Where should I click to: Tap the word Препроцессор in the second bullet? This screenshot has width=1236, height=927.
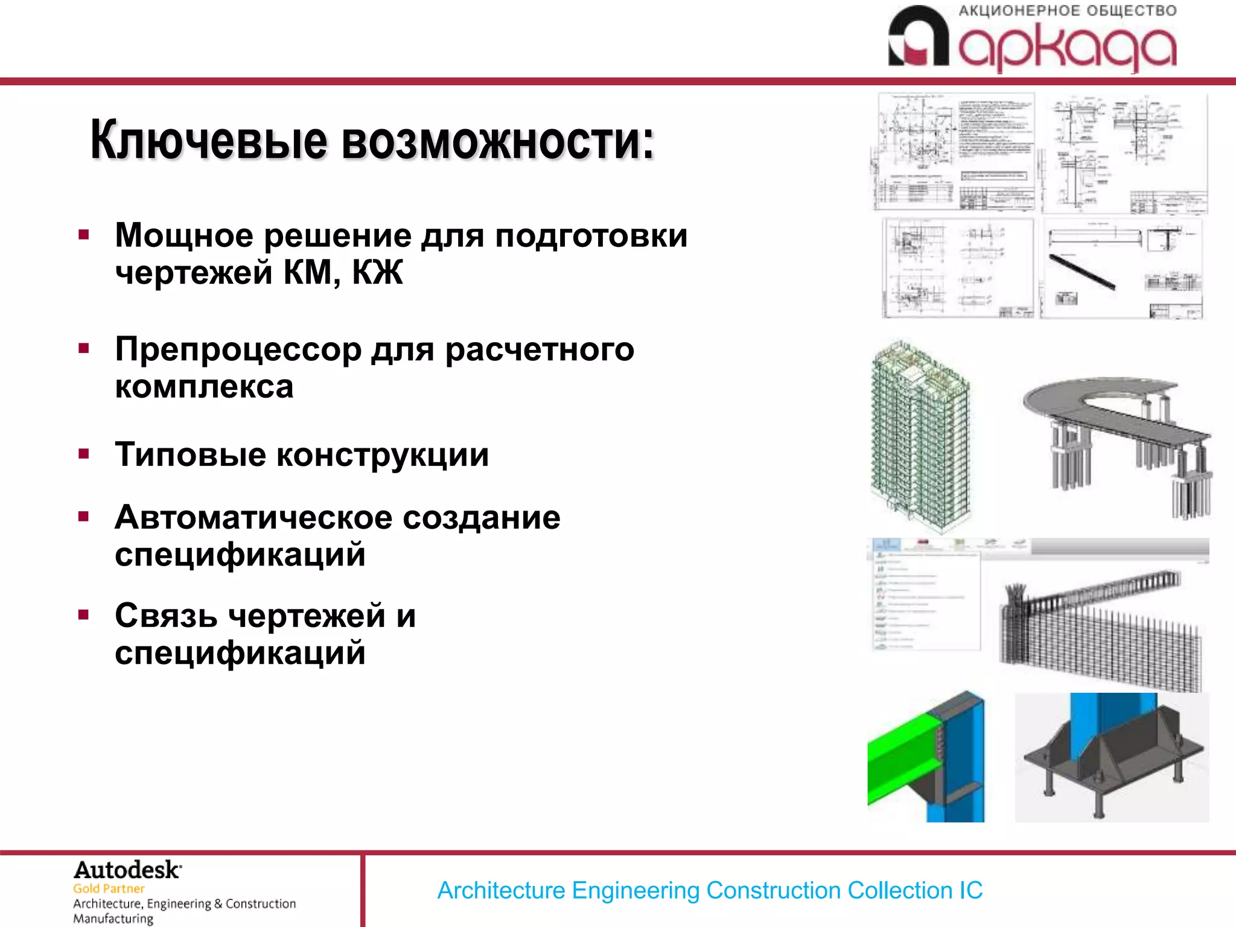[x=238, y=349]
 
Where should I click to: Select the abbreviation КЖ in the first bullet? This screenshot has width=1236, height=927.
[x=377, y=273]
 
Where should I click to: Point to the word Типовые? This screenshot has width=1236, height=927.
[x=190, y=454]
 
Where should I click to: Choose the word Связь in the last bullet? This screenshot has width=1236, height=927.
[x=166, y=616]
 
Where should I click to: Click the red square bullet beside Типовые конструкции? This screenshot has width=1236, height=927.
[x=84, y=454]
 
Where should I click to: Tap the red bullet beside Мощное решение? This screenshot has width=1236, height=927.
[x=84, y=235]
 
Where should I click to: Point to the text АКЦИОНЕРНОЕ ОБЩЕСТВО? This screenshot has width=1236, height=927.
[x=1067, y=11]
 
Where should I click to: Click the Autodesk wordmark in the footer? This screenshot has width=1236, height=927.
[x=127, y=870]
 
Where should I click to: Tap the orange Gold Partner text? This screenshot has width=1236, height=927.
[x=109, y=888]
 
